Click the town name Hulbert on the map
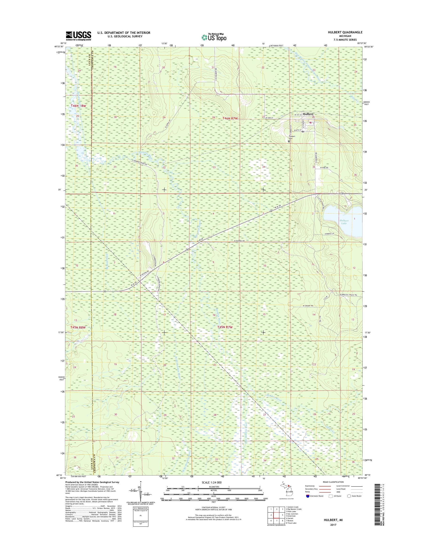(x=308, y=114)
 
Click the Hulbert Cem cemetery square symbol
(x=289, y=141)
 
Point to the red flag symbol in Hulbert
(x=310, y=123)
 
